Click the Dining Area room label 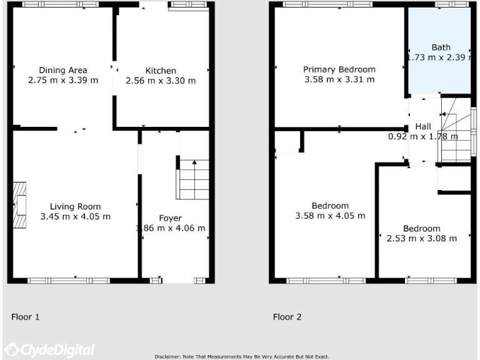(x=62, y=70)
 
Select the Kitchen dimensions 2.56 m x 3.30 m (x=161, y=81)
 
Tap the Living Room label (x=75, y=206)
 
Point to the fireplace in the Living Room (x=20, y=206)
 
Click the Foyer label (x=170, y=218)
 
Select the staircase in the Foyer (x=194, y=178)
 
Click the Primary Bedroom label (x=339, y=69)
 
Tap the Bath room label (x=440, y=47)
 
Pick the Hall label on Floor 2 (x=423, y=126)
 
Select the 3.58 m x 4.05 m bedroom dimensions (x=330, y=216)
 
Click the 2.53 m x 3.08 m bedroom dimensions (x=421, y=238)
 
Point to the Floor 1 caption (x=26, y=317)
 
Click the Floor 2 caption (x=287, y=317)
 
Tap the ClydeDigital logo (x=49, y=349)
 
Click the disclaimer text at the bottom (x=241, y=356)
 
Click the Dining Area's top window (x=61, y=4)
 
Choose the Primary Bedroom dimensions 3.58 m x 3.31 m (x=339, y=79)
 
